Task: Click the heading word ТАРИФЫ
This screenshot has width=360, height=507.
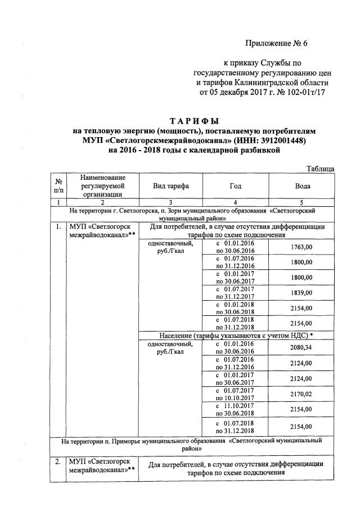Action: [x=194, y=121]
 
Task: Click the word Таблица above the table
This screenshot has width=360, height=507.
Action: [x=320, y=169]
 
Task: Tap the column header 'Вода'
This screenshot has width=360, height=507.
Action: [x=303, y=186]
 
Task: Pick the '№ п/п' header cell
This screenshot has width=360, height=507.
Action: [x=58, y=186]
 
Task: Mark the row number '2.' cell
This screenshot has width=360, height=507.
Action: [x=57, y=462]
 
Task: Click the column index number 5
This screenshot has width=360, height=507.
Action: [x=303, y=202]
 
